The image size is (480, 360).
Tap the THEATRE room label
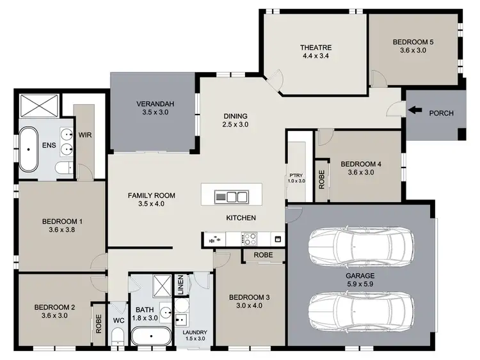[x=314, y=47]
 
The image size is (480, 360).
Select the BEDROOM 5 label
[x=413, y=42]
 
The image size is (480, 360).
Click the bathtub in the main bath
[x=151, y=336]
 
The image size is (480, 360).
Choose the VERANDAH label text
[x=152, y=105]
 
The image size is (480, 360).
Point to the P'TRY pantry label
[x=296, y=173]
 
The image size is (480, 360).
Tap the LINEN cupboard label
[x=180, y=285]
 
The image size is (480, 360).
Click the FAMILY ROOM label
[x=152, y=196]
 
